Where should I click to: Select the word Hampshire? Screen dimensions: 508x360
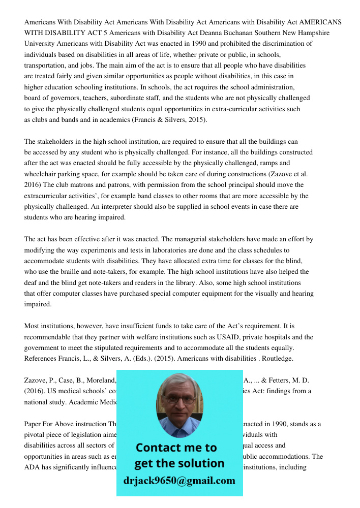pyautogui.click(x=311, y=33)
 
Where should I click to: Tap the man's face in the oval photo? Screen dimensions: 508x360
pyautogui.click(x=179, y=401)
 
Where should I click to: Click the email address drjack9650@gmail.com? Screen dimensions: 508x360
pyautogui.click(x=179, y=481)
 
